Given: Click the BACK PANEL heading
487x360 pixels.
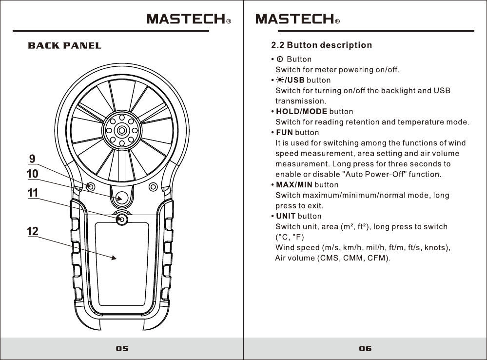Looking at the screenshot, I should tap(65, 46).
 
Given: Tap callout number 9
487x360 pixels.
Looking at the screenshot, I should tap(32, 159).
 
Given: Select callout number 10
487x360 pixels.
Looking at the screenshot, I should tap(32, 174).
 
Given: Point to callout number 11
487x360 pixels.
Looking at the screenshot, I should tap(32, 193).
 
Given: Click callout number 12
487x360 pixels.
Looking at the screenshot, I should tap(32, 232).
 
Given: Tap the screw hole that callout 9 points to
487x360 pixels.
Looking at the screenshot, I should tap(90, 187).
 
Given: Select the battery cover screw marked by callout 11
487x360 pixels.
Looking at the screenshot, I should tap(122, 220).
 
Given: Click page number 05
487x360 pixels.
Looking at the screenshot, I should tap(122, 349).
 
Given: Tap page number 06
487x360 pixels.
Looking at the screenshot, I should tap(365, 349).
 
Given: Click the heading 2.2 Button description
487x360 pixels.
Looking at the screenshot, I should tap(321, 45).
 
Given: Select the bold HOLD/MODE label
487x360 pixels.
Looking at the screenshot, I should tap(301, 112).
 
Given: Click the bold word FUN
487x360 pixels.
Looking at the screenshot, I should tap(284, 133).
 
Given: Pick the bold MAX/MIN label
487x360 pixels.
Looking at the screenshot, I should tap(294, 185).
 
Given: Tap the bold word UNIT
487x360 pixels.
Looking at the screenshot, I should tap(286, 216).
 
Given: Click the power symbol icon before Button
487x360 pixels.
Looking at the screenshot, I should tap(280, 60).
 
